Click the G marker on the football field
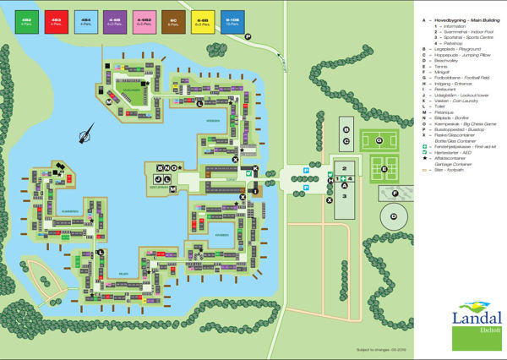coord(379,139)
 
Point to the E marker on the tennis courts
coord(384,169)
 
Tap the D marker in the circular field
coord(393,217)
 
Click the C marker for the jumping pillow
coord(346,140)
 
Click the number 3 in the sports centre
coord(345,196)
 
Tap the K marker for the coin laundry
coord(256,170)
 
